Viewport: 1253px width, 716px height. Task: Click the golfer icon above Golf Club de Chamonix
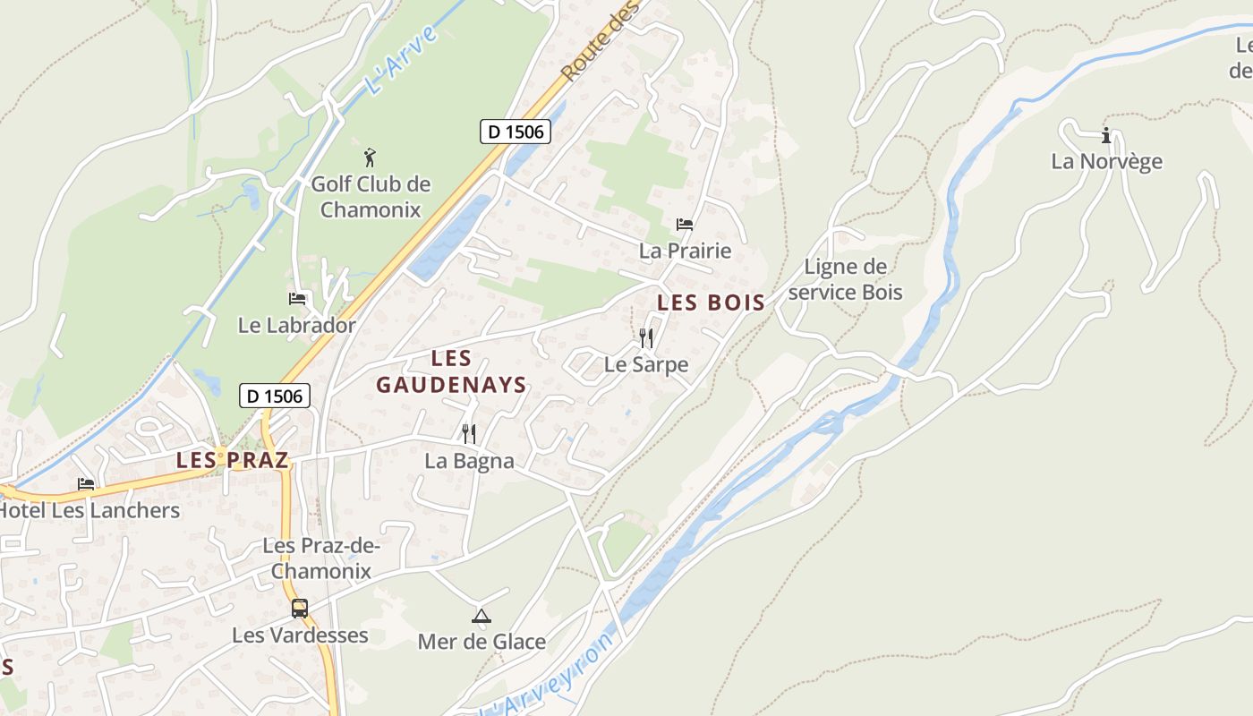point(371,158)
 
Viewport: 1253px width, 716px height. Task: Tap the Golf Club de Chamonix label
point(371,197)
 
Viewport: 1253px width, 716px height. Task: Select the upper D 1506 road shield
point(515,132)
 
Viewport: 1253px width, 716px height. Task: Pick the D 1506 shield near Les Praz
point(275,396)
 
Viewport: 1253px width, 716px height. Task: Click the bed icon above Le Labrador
point(297,299)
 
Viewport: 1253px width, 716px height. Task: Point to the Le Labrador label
point(296,325)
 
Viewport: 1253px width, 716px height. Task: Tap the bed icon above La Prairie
point(685,224)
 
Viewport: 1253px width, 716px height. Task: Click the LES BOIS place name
point(712,303)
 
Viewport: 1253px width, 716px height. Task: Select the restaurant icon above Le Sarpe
point(646,338)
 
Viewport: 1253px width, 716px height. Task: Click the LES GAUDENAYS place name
point(451,371)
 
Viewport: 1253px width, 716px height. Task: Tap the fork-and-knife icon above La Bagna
point(469,434)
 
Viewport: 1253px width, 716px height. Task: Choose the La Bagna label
point(469,461)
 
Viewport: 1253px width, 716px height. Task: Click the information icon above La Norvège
point(1106,136)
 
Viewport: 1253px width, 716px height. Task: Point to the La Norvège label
point(1106,162)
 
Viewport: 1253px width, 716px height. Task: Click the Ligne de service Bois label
point(846,279)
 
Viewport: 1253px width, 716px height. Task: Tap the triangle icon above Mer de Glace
point(482,616)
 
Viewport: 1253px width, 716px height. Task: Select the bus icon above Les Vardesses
point(300,609)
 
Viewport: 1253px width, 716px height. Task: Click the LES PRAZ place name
point(233,460)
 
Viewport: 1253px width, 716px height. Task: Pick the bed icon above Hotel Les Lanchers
point(86,484)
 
